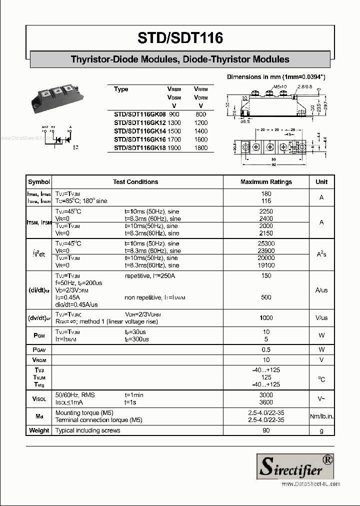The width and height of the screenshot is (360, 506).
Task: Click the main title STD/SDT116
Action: [180, 37]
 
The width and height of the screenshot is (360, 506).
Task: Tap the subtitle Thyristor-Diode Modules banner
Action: [180, 59]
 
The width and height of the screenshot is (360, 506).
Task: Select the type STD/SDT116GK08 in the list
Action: [139, 114]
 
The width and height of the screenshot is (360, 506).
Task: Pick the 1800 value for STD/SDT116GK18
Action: [200, 148]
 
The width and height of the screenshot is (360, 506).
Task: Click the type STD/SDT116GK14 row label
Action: [139, 131]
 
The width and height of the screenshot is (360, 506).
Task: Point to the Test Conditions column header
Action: [135, 182]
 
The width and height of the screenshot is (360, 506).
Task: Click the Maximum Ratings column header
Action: [266, 182]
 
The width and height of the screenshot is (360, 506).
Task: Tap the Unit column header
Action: [321, 182]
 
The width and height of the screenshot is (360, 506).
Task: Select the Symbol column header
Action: [39, 182]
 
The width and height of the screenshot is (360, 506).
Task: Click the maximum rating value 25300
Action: [266, 243]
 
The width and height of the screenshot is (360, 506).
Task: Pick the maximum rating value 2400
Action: [266, 218]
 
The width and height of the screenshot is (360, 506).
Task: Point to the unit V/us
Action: [321, 317]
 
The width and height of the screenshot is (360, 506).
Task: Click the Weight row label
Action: [39, 430]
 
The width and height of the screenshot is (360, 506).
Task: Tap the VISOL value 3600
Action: [266, 402]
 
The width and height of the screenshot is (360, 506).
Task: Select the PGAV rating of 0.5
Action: [266, 349]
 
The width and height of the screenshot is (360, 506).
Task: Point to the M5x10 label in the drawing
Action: [279, 86]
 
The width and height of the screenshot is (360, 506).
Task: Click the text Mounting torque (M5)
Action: [84, 413]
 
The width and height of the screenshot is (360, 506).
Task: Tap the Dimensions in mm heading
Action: [276, 77]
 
